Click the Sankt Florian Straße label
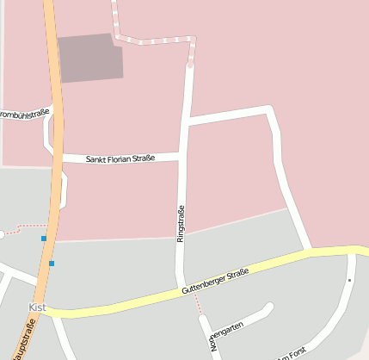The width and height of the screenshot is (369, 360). [x=120, y=158]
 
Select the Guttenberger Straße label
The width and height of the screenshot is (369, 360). [x=215, y=282]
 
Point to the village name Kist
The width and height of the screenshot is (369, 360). [x=37, y=307]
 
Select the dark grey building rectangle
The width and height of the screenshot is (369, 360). [x=90, y=58]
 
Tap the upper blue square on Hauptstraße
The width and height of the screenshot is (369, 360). [x=43, y=238]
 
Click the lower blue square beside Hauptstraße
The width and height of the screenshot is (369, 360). [x=52, y=264]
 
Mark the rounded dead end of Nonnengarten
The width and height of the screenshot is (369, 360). [x=269, y=307]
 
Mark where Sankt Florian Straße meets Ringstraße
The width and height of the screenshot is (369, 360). [x=182, y=156]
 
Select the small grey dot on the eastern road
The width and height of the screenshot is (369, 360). [x=350, y=280]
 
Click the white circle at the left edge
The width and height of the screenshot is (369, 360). [x=2, y=234]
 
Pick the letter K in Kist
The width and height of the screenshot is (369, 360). [x=32, y=307]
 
